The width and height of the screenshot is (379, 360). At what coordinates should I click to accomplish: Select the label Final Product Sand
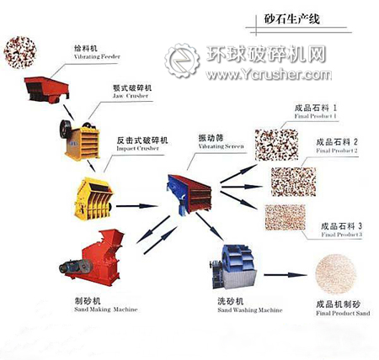pos(340,315)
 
